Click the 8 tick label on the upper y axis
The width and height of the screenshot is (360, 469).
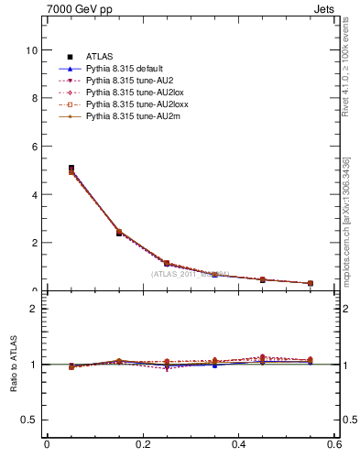tap(34, 99)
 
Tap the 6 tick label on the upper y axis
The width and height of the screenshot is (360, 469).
tap(34, 147)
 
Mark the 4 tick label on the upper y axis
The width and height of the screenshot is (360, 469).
tap(34, 195)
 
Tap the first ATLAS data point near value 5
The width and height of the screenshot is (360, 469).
tap(71, 169)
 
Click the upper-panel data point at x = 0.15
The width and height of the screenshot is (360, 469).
tap(119, 233)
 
